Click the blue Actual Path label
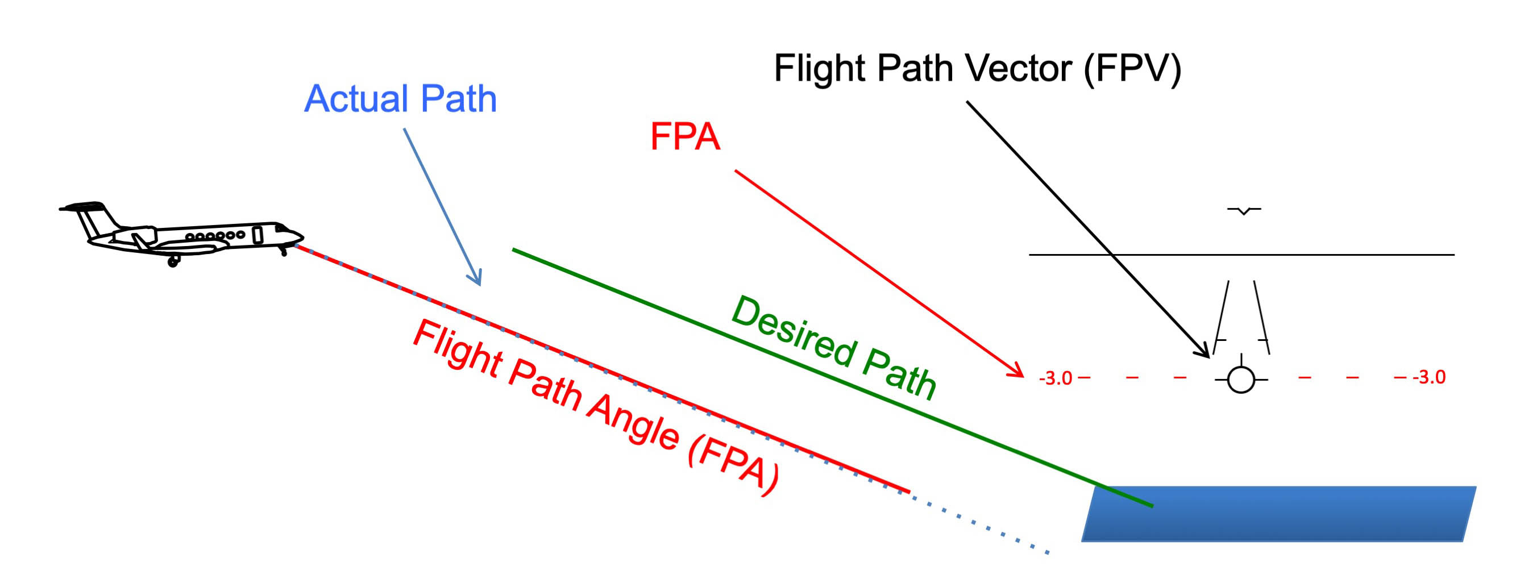(x=400, y=98)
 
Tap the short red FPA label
(x=685, y=136)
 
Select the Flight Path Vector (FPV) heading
(x=978, y=68)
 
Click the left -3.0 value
(x=1056, y=378)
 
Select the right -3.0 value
(x=1429, y=377)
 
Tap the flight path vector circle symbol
(x=1241, y=380)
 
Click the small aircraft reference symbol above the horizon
(x=1244, y=210)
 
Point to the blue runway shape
(x=1277, y=514)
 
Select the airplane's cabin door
(x=257, y=234)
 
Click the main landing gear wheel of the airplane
(x=173, y=261)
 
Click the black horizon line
(x=1353, y=255)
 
